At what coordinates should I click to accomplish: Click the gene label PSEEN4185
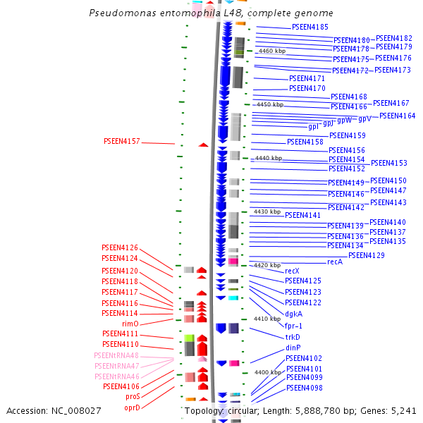[x=310, y=27]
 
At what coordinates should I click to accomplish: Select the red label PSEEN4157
[x=121, y=141]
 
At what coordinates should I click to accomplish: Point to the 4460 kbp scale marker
[x=272, y=51]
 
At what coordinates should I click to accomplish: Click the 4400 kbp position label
[x=268, y=372]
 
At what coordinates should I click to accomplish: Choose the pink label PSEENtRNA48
[x=116, y=355]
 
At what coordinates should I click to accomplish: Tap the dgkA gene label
[x=294, y=314]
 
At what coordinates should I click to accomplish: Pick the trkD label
[x=293, y=337]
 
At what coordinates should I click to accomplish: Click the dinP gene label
[x=293, y=348]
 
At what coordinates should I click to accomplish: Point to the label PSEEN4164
[x=398, y=116]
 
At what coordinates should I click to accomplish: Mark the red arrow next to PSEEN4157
[x=203, y=145]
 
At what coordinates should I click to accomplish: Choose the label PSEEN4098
[x=304, y=388]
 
